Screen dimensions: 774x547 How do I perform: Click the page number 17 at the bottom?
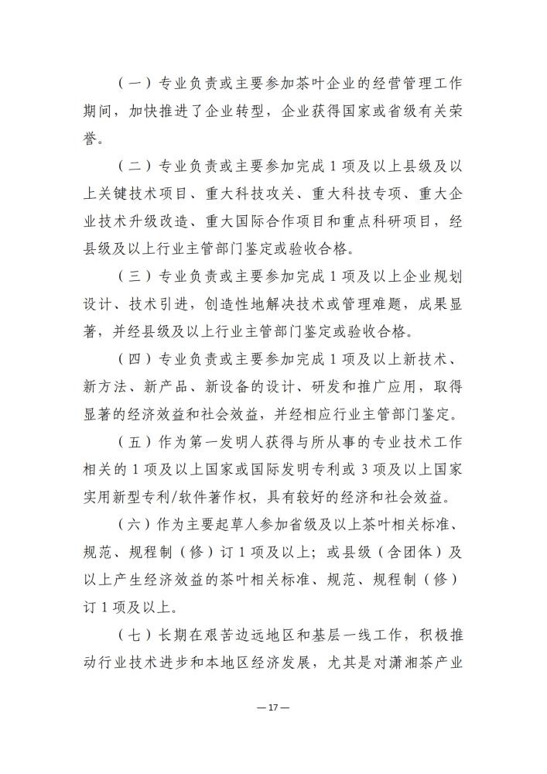click(x=274, y=707)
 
